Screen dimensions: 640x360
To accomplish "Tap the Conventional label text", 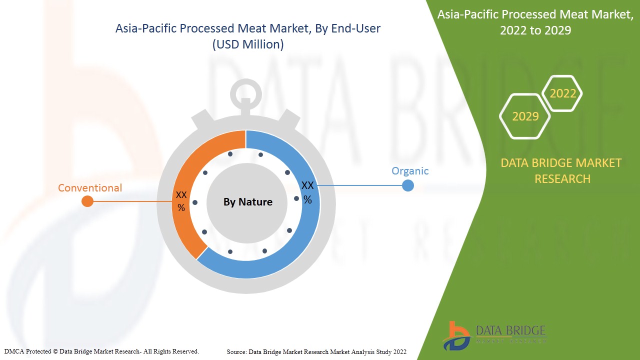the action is [90, 188].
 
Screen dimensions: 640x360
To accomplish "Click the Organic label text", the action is [410, 171].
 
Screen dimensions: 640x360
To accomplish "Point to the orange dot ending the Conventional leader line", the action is [87, 201].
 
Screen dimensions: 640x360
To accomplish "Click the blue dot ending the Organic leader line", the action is [407, 185].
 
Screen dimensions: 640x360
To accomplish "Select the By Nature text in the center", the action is [248, 202].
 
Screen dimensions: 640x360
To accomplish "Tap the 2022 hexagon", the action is [562, 93].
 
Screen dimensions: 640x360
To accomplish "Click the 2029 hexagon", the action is [525, 116].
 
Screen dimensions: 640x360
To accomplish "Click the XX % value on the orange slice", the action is [181, 201].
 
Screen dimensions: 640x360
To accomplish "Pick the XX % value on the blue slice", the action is [307, 192].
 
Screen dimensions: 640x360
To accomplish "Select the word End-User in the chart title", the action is [355, 28].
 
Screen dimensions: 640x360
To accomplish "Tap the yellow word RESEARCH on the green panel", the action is [562, 179].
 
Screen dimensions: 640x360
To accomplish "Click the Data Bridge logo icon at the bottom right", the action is [456, 336].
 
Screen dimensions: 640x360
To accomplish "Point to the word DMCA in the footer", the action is [13, 351].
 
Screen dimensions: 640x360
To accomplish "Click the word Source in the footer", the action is [236, 352].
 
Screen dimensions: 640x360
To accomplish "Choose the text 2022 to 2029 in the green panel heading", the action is [535, 30].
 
